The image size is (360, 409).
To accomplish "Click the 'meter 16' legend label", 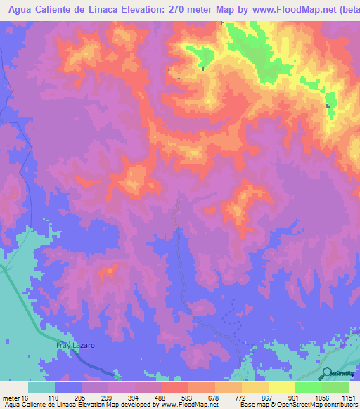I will tap(15, 397).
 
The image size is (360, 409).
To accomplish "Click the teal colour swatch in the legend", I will tap(41, 387).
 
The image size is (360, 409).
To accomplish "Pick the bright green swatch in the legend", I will tap(309, 387).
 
